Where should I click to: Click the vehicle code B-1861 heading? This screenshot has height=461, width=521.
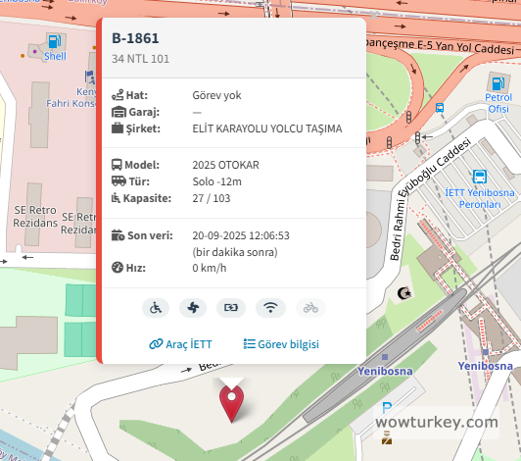(135, 38)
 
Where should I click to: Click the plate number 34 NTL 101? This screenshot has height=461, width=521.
(140, 59)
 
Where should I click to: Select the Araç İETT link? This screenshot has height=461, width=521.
(180, 344)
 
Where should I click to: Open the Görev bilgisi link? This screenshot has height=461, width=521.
(281, 344)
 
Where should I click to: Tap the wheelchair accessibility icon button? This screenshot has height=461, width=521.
(155, 307)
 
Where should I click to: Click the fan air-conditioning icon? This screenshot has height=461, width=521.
(193, 307)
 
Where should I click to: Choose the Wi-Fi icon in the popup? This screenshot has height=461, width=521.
(269, 307)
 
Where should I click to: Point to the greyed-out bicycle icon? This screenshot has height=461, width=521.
(309, 307)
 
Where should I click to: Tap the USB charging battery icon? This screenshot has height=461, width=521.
(231, 307)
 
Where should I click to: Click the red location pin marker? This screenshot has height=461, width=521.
(231, 402)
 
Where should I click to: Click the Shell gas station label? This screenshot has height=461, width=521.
(55, 57)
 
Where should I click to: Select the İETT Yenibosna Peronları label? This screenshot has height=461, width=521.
(479, 198)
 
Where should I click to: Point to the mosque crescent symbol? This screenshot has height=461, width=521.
(403, 292)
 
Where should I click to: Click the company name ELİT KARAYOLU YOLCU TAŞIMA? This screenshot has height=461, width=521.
(267, 128)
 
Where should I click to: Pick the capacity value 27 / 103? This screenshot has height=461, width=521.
(213, 198)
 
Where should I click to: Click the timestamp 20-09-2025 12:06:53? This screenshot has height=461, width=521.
(241, 235)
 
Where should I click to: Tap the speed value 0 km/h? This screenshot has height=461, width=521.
(210, 268)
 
